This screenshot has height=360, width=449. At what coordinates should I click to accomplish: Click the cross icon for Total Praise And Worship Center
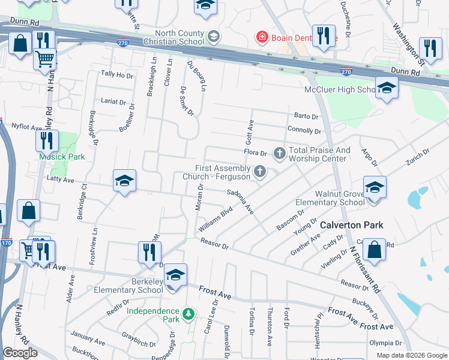[279, 154]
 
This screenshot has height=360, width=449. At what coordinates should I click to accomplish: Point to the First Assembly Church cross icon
[260, 172]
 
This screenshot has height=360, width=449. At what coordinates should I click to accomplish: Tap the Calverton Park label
[351, 226]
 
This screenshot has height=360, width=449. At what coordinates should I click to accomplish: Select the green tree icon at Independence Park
[188, 314]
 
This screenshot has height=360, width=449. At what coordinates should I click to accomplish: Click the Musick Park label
[62, 157]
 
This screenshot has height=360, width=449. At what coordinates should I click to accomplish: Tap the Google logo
[20, 353]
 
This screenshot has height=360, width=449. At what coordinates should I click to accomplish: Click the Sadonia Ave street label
[241, 201]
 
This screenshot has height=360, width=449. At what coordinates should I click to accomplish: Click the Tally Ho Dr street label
[116, 75]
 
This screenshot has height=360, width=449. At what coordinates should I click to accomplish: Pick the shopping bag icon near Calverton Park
[374, 250]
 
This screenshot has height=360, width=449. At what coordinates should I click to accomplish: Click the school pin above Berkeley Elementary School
[175, 275]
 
